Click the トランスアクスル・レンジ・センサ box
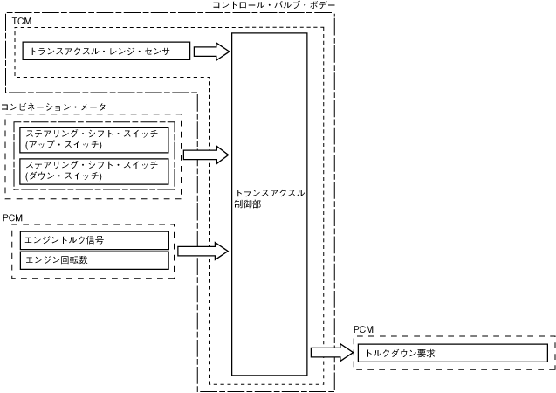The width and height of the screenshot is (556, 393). click(x=106, y=52)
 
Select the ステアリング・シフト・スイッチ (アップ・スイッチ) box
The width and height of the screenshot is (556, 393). click(x=94, y=140)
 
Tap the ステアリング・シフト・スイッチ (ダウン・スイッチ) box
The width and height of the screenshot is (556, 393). click(x=94, y=169)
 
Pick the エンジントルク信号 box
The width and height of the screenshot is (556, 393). click(x=94, y=239)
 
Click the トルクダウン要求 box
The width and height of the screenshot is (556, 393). click(x=451, y=353)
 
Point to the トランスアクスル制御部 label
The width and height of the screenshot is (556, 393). click(x=270, y=198)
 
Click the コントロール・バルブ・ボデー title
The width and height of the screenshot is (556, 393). click(x=272, y=6)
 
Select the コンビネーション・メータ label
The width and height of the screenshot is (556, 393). click(x=53, y=107)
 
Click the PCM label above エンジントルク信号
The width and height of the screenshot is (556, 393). click(x=14, y=217)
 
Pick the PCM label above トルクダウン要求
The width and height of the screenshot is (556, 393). click(x=363, y=330)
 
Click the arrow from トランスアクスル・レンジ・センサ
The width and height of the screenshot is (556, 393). click(x=211, y=52)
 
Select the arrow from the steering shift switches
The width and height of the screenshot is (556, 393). click(x=206, y=155)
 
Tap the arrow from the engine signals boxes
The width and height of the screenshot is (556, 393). click(x=202, y=251)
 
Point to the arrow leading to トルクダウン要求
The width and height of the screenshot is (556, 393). click(x=331, y=353)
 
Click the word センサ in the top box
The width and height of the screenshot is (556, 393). click(x=170, y=52)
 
